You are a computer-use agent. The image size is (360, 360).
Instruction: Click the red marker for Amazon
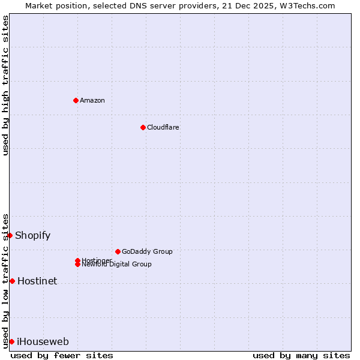point(76,100)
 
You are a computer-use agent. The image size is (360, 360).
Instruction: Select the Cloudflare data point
point(143,127)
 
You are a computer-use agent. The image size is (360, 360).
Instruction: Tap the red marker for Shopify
point(10,235)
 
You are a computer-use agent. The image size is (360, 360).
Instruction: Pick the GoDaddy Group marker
point(118,251)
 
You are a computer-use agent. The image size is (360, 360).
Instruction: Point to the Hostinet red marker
point(12,281)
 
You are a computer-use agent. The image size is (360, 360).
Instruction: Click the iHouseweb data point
point(11,341)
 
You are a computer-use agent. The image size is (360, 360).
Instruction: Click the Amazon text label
point(92,100)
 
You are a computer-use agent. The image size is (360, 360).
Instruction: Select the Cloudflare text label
point(163,127)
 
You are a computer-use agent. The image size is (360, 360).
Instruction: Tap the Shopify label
point(33,235)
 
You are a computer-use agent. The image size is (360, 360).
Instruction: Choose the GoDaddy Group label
point(147,251)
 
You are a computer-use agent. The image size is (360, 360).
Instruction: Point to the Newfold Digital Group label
point(117,265)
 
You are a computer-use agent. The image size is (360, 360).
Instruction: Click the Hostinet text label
point(37,281)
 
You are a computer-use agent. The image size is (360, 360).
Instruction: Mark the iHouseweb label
point(43,342)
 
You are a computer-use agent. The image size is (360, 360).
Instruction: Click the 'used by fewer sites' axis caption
point(62,355)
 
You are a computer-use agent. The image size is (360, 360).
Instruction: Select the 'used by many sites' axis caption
point(301,355)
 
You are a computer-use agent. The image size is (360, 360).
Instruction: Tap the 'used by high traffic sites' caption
point(5,85)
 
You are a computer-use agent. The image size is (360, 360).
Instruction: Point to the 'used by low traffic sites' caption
point(5,280)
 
